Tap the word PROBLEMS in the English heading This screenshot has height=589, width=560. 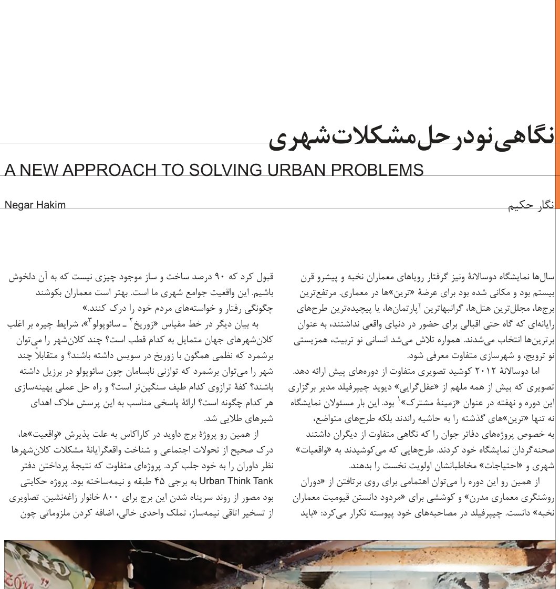click(x=379, y=170)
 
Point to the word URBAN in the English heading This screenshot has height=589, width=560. click(x=298, y=170)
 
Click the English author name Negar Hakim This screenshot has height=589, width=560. click(x=35, y=205)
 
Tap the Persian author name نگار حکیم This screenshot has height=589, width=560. click(x=531, y=206)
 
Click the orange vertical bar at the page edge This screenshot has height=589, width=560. click(x=557, y=105)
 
